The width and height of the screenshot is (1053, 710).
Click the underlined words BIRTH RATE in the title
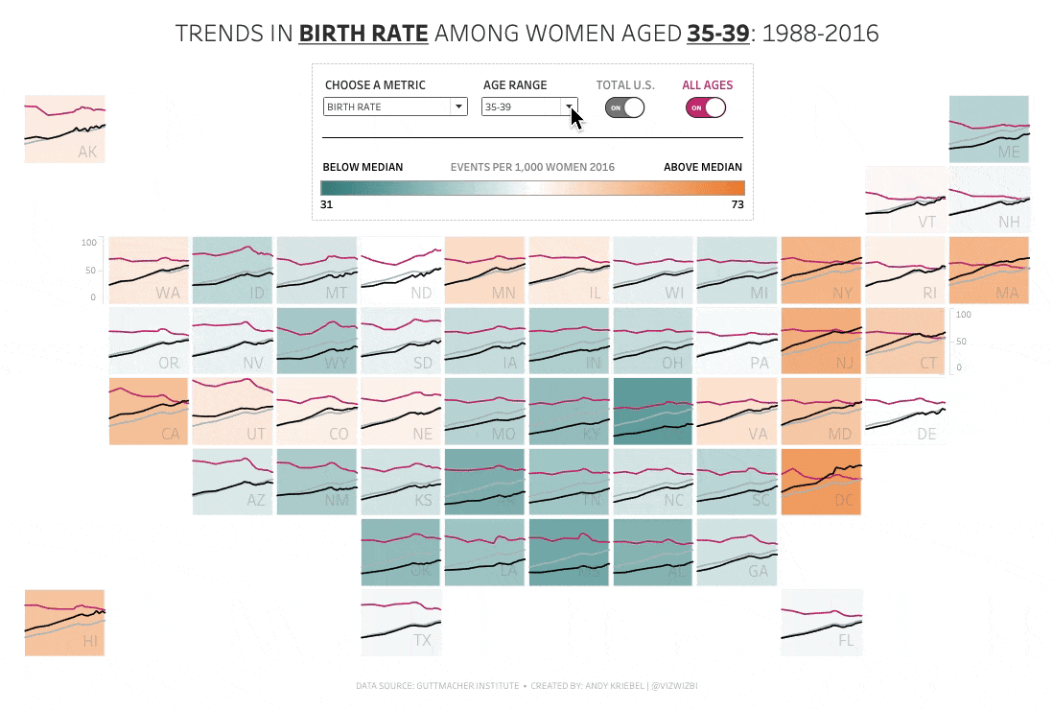[x=363, y=34]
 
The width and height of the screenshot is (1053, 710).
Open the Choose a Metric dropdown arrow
[x=459, y=106]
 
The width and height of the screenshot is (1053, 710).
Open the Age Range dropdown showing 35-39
[x=569, y=106]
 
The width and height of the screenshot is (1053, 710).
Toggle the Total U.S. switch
[x=624, y=107]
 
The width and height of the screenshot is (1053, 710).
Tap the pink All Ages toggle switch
[x=706, y=107]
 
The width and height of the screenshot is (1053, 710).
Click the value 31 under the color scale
[x=327, y=203]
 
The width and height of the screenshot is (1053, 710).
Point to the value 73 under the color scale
[x=737, y=203]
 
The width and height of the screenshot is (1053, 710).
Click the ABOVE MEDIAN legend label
[x=703, y=167]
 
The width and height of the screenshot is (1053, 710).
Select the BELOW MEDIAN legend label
[x=363, y=167]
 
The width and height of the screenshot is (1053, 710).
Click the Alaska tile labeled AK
[x=64, y=129]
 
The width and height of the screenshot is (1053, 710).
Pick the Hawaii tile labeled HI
[x=64, y=623]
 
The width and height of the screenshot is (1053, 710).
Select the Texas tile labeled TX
[x=401, y=623]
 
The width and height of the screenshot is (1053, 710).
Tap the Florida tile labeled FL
[x=821, y=623]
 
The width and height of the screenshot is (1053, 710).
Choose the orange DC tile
[x=821, y=483]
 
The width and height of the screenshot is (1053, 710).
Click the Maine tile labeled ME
[x=989, y=129]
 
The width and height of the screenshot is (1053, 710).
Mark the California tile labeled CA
[x=149, y=412]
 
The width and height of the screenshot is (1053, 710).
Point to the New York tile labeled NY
[x=821, y=270]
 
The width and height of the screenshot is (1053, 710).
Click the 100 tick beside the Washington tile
[x=89, y=243]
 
